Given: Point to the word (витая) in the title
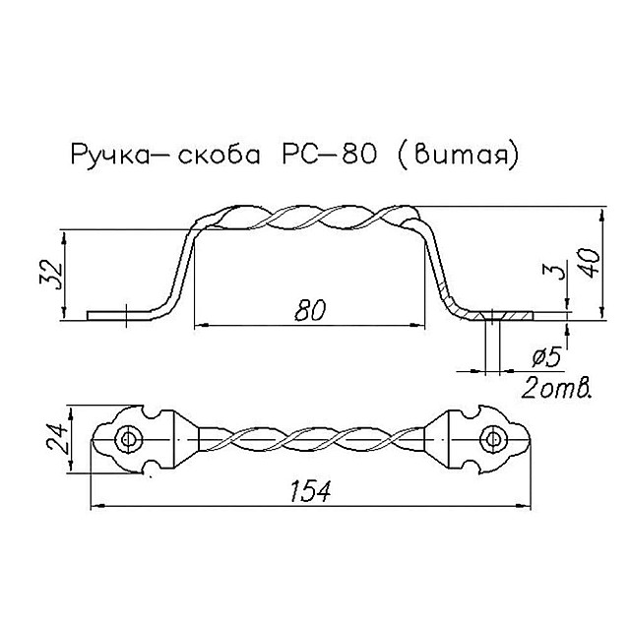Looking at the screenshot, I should pyautogui.click(x=457, y=157).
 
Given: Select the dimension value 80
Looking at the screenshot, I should pyautogui.click(x=308, y=309).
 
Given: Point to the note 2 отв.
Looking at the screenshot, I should pyautogui.click(x=556, y=386).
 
